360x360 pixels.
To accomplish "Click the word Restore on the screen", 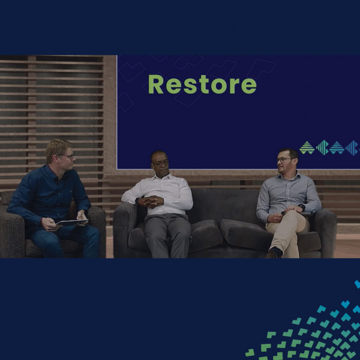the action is click(202, 84).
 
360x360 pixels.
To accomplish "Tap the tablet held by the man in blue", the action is click(72, 222).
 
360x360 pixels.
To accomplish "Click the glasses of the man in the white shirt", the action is click(161, 163).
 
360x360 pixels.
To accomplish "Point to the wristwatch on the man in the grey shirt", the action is click(302, 208).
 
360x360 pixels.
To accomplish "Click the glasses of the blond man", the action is click(67, 156).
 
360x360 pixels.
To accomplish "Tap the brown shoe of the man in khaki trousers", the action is click(271, 255).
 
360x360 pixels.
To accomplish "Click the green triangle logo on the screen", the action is click(307, 148).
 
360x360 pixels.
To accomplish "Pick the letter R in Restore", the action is click(155, 84).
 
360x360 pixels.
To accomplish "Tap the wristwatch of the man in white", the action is click(137, 200).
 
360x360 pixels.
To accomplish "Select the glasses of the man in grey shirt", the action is click(284, 160).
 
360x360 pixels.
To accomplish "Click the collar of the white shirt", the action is click(163, 177).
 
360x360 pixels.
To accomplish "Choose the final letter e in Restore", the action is click(249, 86).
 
